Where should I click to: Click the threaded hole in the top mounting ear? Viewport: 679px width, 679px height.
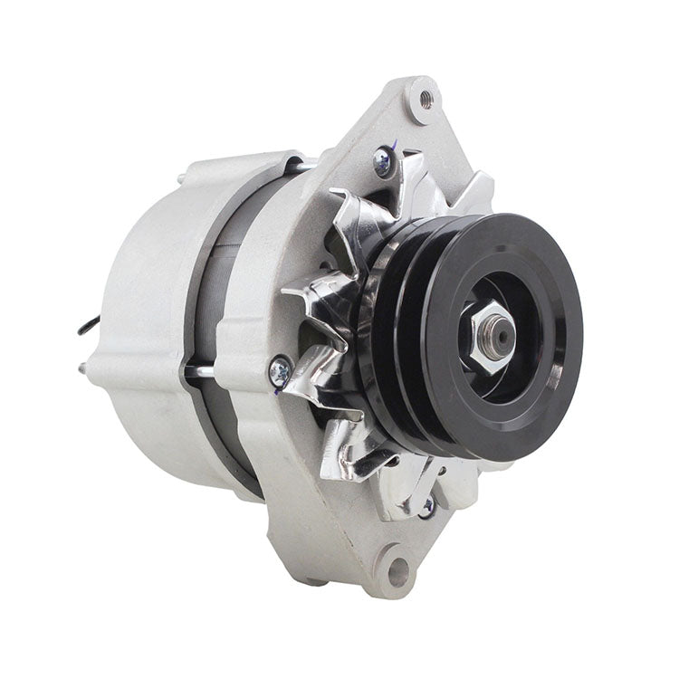coord(424,93)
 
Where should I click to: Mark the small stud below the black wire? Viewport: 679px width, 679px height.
coord(83,367)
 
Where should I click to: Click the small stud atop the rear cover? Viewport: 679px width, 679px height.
coord(183,177)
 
